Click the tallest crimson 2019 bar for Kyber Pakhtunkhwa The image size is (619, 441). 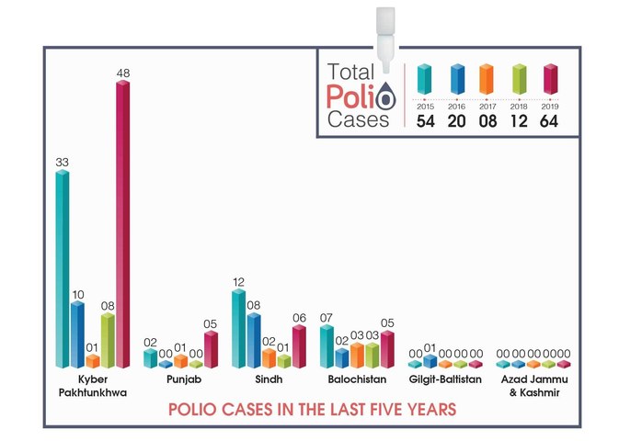(x=122, y=224)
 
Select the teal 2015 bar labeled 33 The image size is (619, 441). (x=63, y=268)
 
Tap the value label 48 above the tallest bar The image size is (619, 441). (x=123, y=73)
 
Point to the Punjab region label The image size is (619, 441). (x=184, y=379)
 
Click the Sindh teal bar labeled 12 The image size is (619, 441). (x=238, y=329)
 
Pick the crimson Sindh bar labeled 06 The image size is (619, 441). (x=299, y=346)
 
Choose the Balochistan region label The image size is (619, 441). (x=357, y=379)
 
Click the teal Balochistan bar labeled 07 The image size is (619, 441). (x=327, y=346)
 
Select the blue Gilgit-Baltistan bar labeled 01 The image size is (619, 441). (x=430, y=361)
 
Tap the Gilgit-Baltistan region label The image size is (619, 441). (x=445, y=379)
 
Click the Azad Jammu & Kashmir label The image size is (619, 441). (x=534, y=386)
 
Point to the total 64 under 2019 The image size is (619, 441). (x=549, y=121)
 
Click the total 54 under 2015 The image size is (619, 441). (x=426, y=121)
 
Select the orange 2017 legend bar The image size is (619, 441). (x=487, y=79)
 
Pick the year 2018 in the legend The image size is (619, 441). (x=519, y=107)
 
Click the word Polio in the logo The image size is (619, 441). (x=361, y=96)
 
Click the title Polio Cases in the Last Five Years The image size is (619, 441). (x=313, y=410)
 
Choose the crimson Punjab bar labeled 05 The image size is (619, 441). (x=211, y=349)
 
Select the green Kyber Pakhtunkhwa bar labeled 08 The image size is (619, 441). (x=108, y=341)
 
